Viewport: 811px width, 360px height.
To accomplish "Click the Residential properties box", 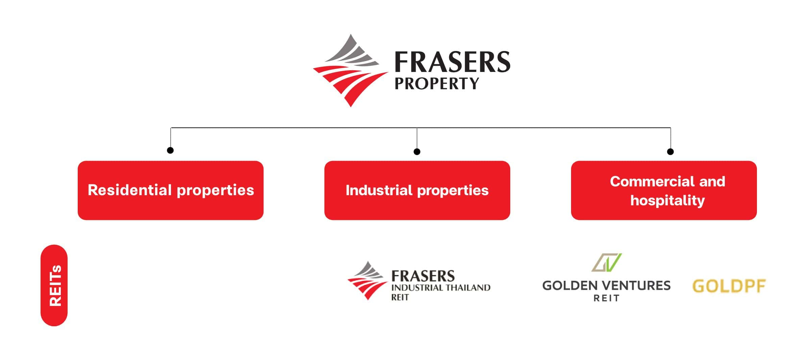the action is [x=170, y=190].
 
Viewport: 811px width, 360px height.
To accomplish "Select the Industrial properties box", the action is [x=417, y=190].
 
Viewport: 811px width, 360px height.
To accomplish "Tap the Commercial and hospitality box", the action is [x=664, y=190].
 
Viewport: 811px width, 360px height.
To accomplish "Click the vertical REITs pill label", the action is [x=54, y=285].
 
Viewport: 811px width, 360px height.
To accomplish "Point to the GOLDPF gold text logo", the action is [x=729, y=286].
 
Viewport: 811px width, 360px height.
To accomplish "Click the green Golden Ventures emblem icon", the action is [x=607, y=263].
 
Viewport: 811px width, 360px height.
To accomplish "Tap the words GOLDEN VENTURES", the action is [x=607, y=286].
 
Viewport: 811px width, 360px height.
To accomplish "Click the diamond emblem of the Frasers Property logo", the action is [x=350, y=70].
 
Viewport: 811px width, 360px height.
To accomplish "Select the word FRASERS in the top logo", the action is [x=452, y=62].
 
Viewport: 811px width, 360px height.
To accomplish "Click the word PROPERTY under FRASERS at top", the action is [x=437, y=83].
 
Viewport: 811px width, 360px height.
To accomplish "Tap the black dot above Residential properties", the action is [x=170, y=150].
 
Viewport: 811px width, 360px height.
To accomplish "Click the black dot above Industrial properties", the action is [x=417, y=152].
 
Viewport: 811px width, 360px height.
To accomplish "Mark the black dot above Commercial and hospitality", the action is [x=670, y=152].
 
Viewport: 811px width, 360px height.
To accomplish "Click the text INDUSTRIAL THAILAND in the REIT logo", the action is [x=441, y=288].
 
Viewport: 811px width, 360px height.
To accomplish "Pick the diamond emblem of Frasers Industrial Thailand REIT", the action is [x=367, y=281].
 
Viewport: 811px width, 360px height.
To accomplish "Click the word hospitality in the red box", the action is [x=667, y=201].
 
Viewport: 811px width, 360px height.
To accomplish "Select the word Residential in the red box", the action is [x=130, y=190].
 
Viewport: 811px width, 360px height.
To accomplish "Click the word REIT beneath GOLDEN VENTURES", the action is [x=607, y=298].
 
